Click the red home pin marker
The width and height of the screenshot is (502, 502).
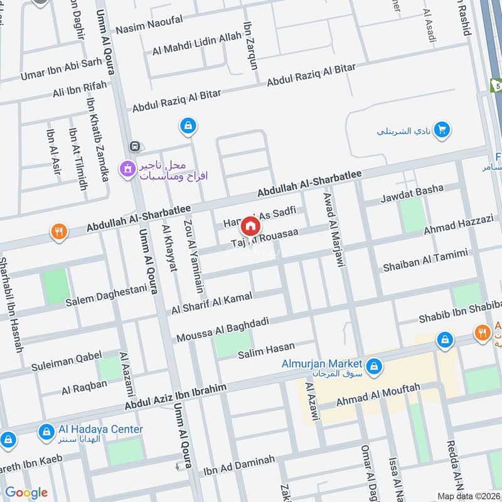250,225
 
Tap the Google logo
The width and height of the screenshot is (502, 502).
26,493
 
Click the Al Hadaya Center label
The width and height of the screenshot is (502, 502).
101,430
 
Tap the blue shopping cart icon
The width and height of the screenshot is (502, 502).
442,130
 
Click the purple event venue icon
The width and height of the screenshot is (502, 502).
128,168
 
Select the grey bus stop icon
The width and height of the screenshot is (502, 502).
134,146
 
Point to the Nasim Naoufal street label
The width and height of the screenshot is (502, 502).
149,23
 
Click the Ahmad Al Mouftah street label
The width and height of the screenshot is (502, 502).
378,394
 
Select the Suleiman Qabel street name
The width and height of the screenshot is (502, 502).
67,361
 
